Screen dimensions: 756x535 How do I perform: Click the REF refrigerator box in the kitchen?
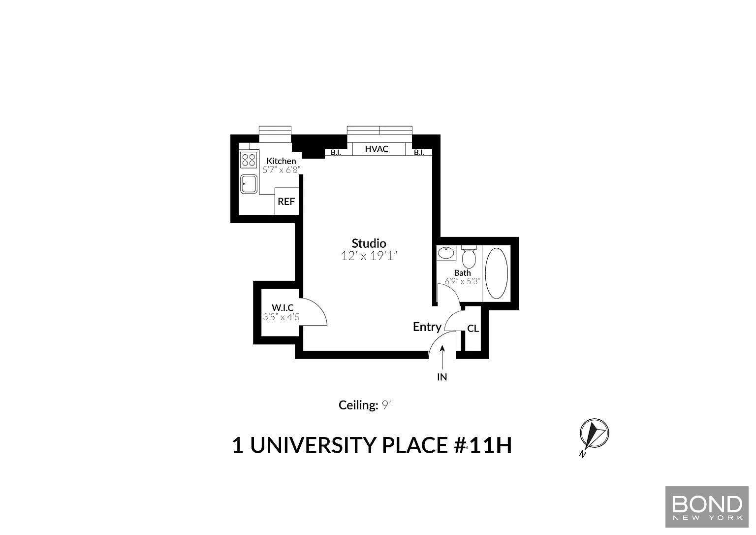point(286,201)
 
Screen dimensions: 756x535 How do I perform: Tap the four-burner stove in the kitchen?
point(249,160)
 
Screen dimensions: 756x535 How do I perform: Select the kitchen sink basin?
point(249,184)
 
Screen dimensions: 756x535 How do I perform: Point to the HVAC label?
point(377,149)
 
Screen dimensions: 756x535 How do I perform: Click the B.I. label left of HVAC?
point(336,152)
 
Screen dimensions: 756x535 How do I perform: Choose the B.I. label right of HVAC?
point(419,152)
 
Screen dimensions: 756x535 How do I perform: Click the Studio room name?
point(369,243)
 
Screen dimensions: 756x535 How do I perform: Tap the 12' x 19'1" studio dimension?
point(369,256)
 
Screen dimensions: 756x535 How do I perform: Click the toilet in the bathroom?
point(469,257)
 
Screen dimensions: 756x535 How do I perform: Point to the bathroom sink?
point(446,253)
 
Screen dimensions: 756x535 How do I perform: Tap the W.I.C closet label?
point(283,308)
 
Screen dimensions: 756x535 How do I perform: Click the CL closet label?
point(473,328)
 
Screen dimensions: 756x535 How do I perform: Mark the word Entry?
point(427,327)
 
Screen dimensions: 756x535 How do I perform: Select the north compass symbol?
point(594,434)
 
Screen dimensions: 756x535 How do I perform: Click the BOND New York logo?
point(707,506)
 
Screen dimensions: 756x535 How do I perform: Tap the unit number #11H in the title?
point(483,445)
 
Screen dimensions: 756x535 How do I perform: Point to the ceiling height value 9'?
point(386,405)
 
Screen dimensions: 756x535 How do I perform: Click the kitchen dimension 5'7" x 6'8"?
point(282,170)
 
